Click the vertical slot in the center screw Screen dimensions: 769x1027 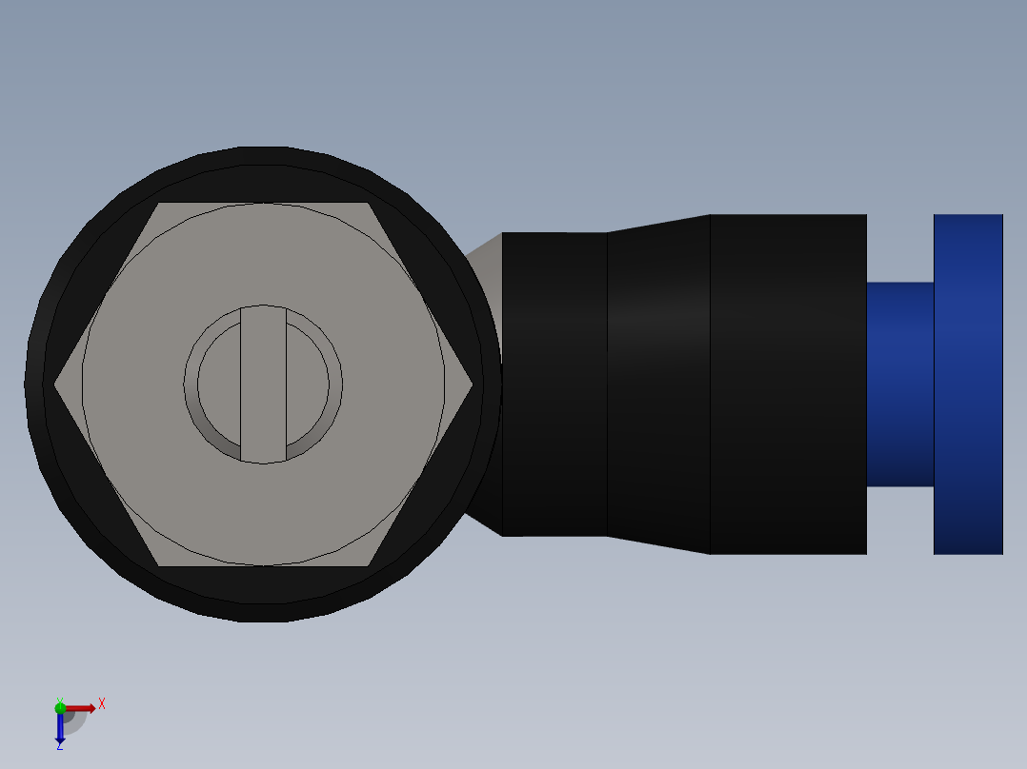pos(263,384)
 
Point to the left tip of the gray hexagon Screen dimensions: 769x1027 pos(58,384)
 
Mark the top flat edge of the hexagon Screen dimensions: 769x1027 pos(263,204)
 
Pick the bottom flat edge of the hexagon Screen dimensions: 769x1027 pos(263,565)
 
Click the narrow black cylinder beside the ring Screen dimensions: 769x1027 pos(554,384)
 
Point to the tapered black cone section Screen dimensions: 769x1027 pos(658,384)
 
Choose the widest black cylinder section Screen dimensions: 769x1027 pos(788,384)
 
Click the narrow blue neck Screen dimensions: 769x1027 pos(899,384)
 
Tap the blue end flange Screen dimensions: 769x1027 pos(968,384)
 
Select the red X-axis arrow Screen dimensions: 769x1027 pos(80,708)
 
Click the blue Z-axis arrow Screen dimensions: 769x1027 pos(60,728)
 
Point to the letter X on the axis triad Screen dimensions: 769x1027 pos(102,703)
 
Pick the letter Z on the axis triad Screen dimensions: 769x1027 pos(59,747)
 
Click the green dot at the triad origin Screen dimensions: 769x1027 pos(60,707)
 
